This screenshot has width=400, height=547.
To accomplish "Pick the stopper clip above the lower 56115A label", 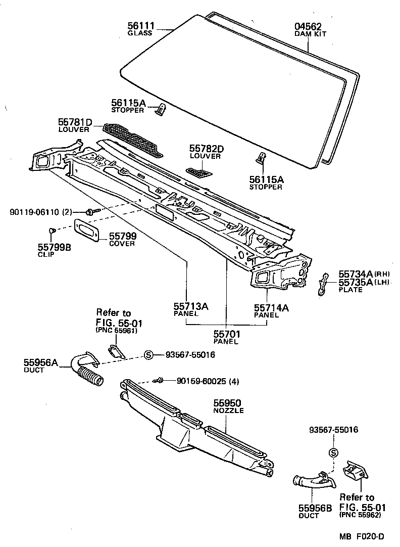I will coord(261,158).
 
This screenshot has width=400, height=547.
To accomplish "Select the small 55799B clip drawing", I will coord(51,231).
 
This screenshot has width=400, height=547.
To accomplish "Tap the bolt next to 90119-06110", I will coord(90,212).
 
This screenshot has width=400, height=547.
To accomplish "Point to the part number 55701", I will coord(226,334).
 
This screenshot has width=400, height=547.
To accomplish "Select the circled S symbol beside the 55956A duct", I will coord(148,355).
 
